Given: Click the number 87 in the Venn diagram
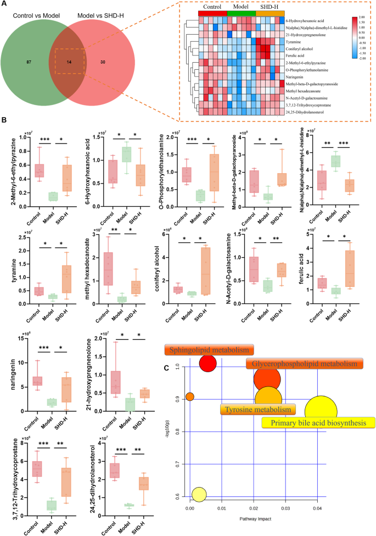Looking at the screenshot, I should (29, 63).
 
